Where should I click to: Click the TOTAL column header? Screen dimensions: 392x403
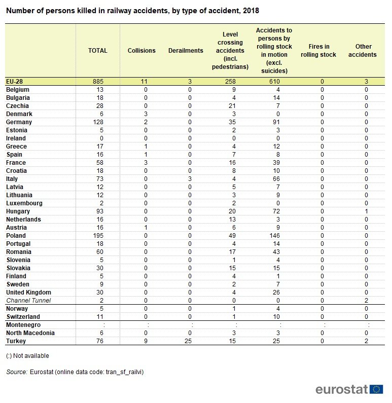click(98, 51)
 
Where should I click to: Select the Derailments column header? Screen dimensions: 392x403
click(186, 51)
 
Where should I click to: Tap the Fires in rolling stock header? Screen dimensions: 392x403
click(318, 51)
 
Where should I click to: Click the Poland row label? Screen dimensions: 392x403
click(16, 236)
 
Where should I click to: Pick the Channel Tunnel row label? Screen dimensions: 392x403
click(28, 301)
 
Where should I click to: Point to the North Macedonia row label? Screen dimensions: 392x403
click(30, 333)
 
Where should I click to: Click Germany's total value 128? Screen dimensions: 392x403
click(98, 122)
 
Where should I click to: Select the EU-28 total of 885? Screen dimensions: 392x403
click(98, 82)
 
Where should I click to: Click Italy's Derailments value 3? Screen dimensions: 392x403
click(190, 179)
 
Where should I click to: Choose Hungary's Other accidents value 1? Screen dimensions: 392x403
click(366, 211)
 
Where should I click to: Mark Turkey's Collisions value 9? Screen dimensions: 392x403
click(146, 341)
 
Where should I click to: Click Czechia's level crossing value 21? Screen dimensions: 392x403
click(232, 106)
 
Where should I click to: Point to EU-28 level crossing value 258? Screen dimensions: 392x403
click(230, 82)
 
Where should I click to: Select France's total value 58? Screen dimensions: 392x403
click(100, 163)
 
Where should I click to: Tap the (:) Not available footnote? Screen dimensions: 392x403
click(27, 356)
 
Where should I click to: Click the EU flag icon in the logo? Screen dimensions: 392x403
click(376, 389)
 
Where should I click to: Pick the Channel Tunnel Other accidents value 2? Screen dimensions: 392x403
click(366, 301)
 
